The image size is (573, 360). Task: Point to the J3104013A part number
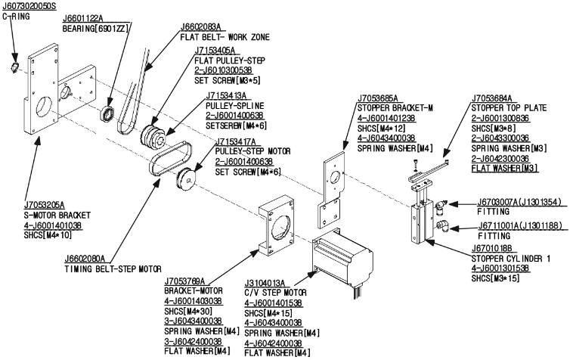pos(264,283)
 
